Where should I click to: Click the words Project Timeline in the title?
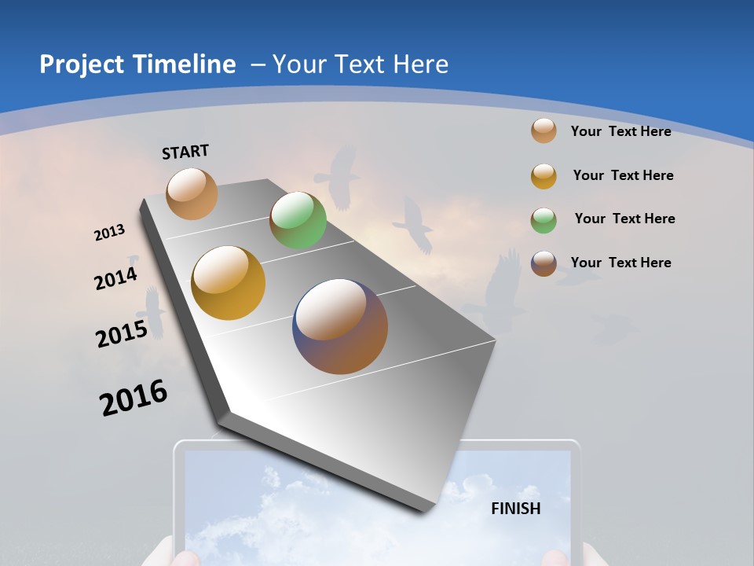tap(137, 64)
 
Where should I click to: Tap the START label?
tap(185, 152)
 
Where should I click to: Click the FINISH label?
tap(516, 509)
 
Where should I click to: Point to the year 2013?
tap(109, 233)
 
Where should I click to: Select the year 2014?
tap(115, 278)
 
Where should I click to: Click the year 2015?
tap(122, 334)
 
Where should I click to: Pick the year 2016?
tap(134, 398)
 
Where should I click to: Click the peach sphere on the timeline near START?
tap(192, 193)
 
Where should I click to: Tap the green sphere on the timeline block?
tap(298, 221)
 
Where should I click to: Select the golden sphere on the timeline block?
tap(229, 283)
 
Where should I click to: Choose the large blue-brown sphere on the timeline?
tap(340, 326)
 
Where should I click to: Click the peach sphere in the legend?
tap(544, 130)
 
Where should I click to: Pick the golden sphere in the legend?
tap(544, 176)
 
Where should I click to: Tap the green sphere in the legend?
tap(544, 220)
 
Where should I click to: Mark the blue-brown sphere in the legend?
tap(544, 263)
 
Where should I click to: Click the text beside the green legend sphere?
tap(624, 219)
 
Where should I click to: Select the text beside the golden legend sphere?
tap(623, 175)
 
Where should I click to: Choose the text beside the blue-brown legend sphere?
tap(620, 263)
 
